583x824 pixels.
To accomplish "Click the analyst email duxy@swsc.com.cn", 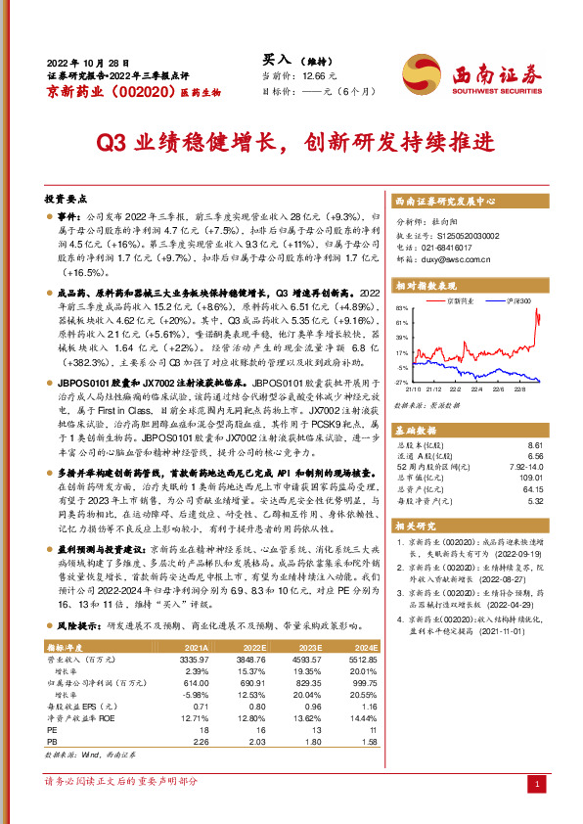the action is tap(452, 260).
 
